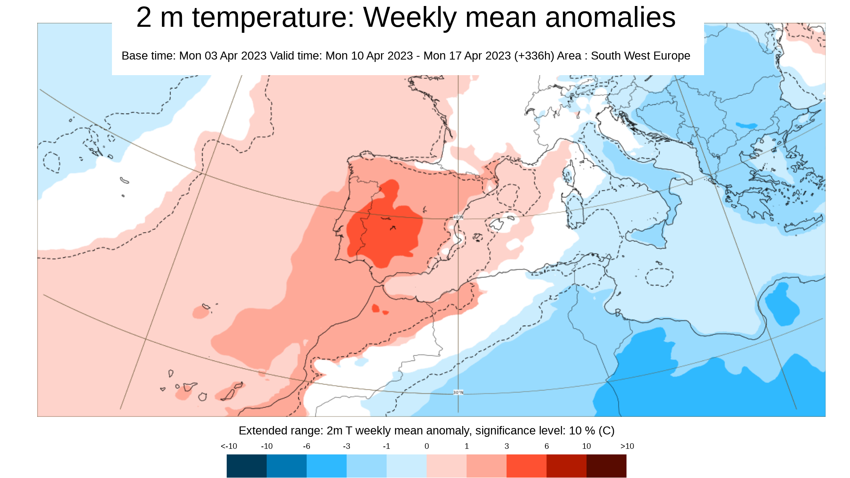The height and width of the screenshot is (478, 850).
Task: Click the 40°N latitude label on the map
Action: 458,217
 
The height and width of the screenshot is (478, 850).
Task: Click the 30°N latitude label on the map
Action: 458,392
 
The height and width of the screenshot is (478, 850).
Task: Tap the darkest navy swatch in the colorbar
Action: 246,466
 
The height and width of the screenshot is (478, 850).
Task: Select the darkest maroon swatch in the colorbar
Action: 606,466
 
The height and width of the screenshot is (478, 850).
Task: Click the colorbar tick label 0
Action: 427,446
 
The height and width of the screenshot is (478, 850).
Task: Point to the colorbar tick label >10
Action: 627,446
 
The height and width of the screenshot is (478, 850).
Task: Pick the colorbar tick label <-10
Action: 229,446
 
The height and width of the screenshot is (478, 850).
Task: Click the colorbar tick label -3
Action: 346,446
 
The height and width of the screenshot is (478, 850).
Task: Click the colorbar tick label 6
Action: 547,446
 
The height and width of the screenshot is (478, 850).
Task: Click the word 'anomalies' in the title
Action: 610,18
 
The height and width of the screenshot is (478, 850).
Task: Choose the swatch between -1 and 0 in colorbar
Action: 406,466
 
